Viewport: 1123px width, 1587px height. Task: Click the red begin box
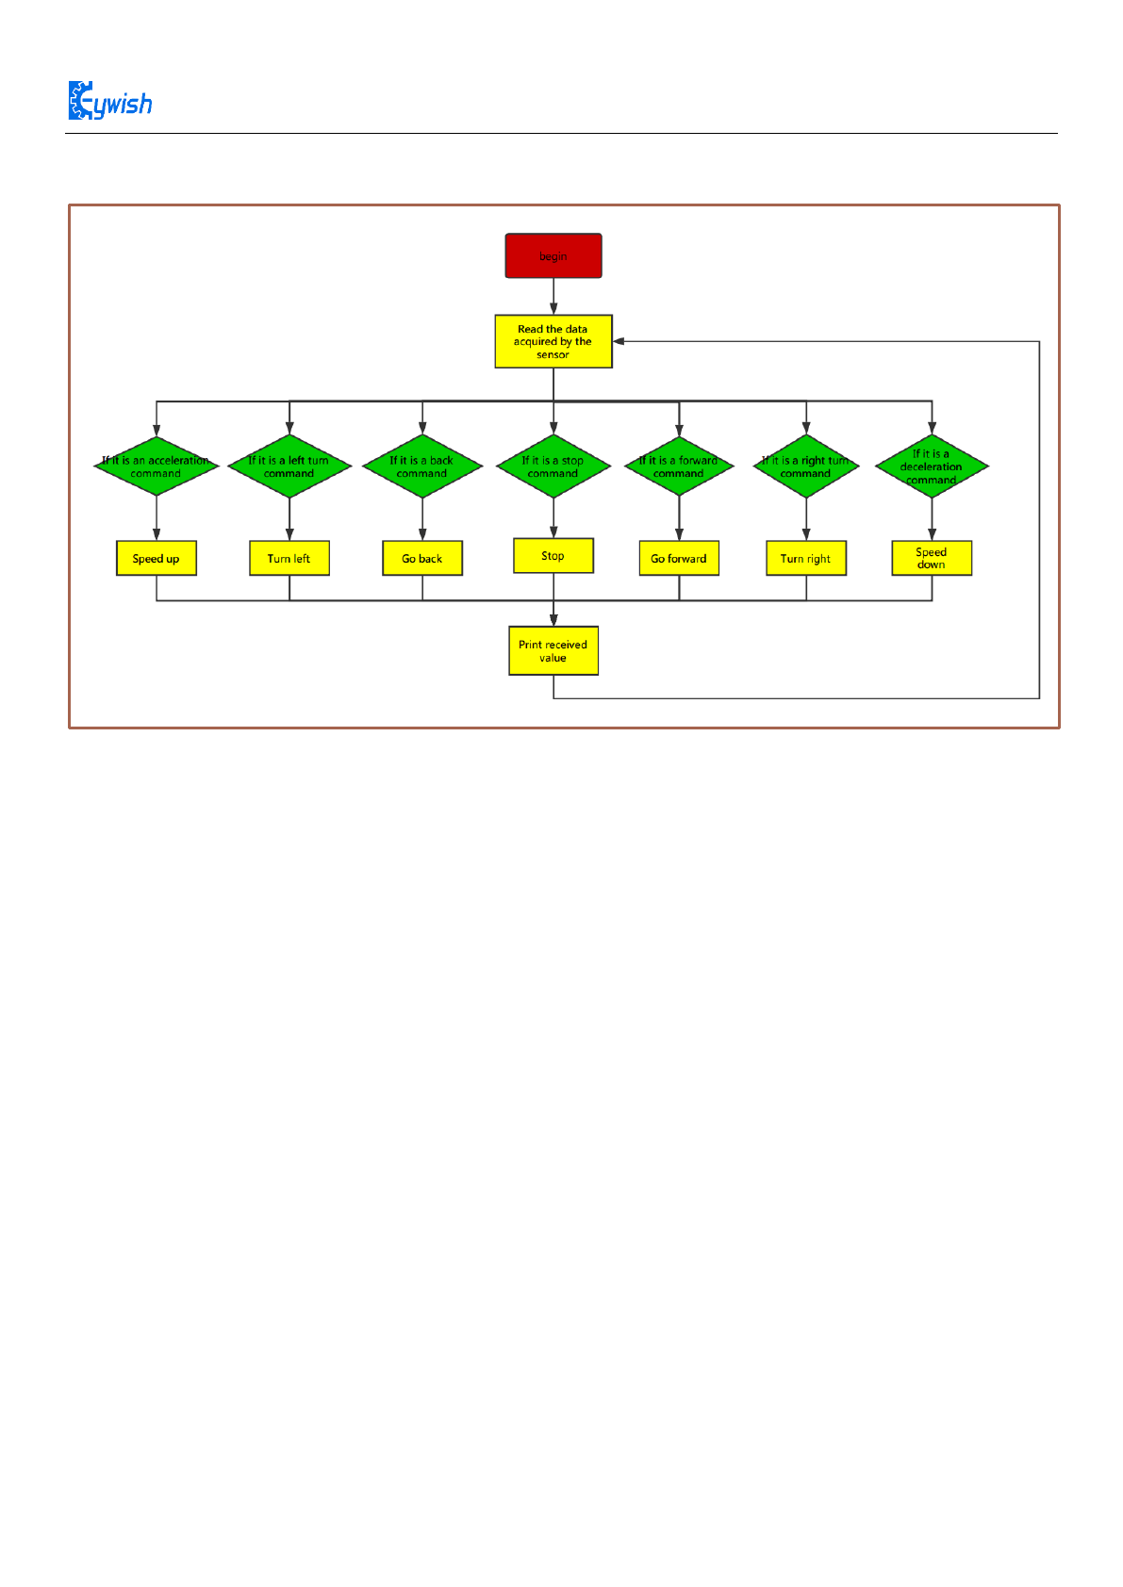[x=553, y=256]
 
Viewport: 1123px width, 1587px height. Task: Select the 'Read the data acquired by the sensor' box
[x=553, y=341]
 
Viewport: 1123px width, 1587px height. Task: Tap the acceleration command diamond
[x=157, y=466]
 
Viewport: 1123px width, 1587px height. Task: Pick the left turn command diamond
[x=289, y=466]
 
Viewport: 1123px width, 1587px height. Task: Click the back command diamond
[x=422, y=466]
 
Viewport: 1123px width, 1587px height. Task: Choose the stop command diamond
[x=553, y=466]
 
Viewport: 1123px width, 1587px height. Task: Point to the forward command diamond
[x=679, y=466]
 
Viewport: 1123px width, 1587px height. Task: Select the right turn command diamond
[x=806, y=466]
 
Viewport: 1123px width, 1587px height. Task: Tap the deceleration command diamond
[x=932, y=466]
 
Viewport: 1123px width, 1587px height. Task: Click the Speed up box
[x=157, y=558]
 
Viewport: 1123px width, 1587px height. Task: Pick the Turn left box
[x=289, y=558]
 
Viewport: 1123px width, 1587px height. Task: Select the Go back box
[x=422, y=558]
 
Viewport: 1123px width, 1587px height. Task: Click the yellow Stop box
[x=553, y=556]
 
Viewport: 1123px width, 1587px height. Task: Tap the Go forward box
[x=679, y=558]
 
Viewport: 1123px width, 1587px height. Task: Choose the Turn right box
[x=806, y=558]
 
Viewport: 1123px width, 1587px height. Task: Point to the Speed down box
[x=932, y=558]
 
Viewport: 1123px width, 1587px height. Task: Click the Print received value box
[x=553, y=651]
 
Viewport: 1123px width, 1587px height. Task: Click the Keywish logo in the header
[x=110, y=102]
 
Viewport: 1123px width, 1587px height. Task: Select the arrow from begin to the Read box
[x=553, y=296]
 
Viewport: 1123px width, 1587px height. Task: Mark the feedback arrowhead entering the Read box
[x=619, y=341]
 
